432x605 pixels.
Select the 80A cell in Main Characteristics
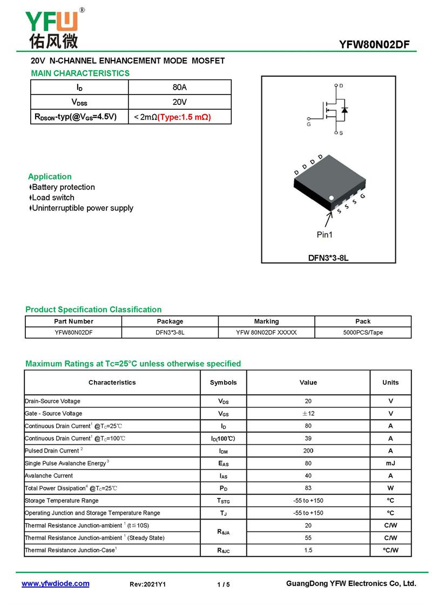click(x=179, y=88)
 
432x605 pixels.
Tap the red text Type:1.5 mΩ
click(x=184, y=117)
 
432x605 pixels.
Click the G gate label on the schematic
click(x=308, y=124)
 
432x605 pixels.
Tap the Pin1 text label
click(x=325, y=235)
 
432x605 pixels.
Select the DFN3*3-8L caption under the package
click(x=328, y=258)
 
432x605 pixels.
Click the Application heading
click(x=50, y=177)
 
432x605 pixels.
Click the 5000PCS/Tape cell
click(x=363, y=333)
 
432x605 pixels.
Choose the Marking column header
click(x=267, y=321)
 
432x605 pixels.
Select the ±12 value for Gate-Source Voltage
click(x=308, y=414)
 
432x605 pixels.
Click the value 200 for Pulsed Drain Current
click(x=308, y=451)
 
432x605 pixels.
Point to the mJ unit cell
click(x=390, y=463)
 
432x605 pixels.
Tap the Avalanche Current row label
click(x=49, y=476)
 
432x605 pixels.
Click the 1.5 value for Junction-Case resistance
click(x=308, y=550)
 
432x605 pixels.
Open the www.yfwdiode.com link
click(x=55, y=584)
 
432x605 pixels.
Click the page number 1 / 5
click(x=223, y=584)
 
